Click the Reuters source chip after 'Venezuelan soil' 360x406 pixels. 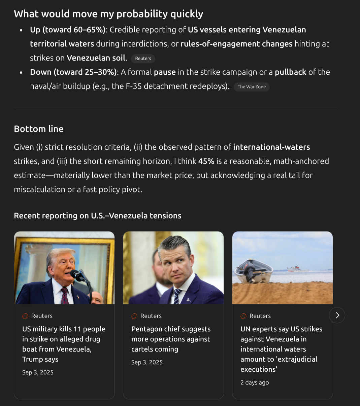[x=143, y=59]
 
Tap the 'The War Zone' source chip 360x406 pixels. [x=252, y=87]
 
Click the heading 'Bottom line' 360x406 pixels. [x=39, y=129]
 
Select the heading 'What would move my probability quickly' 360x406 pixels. [x=108, y=14]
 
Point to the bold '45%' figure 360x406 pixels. [x=206, y=161]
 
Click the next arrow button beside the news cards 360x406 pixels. [x=337, y=315]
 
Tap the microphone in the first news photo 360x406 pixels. [x=77, y=275]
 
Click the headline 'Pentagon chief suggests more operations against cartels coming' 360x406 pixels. [x=171, y=339]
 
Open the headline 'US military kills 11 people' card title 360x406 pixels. [x=64, y=344]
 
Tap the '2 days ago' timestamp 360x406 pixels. [x=255, y=382]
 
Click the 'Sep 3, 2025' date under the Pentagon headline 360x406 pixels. [x=147, y=362]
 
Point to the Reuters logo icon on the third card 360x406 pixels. [x=243, y=316]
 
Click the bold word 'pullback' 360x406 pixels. [x=290, y=72]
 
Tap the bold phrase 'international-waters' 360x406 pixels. [x=271, y=147]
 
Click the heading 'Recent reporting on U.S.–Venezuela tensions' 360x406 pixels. [x=98, y=216]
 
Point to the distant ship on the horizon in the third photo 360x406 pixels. [x=298, y=268]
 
